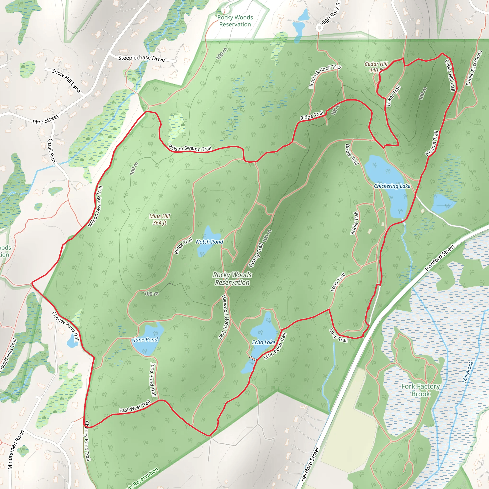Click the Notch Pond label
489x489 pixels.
pyautogui.click(x=209, y=242)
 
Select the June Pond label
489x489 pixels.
pyautogui.click(x=146, y=340)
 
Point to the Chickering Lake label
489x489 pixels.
pyautogui.click(x=392, y=186)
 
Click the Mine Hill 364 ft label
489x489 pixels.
pyautogui.click(x=159, y=219)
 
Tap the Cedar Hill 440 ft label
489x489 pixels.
pyautogui.click(x=376, y=67)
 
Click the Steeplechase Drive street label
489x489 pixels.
pyautogui.click(x=142, y=58)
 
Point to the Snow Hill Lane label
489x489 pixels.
pyautogui.click(x=66, y=80)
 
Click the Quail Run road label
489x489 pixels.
pyautogui.click(x=52, y=150)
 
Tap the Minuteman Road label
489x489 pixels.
pyautogui.click(x=16, y=450)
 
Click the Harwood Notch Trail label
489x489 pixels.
pyautogui.click(x=224, y=317)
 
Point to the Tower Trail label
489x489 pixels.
pyautogui.click(x=393, y=96)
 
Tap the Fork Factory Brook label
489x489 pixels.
pyautogui.click(x=420, y=390)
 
